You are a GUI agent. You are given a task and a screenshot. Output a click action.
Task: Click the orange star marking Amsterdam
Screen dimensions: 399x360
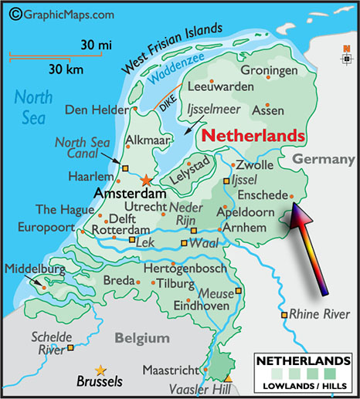pos(147,179)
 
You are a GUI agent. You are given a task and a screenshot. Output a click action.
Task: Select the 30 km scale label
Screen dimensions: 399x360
pos(65,69)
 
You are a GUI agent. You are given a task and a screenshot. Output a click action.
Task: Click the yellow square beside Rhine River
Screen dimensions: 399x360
pos(284,315)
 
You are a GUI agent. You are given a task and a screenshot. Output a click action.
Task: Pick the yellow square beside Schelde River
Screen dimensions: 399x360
pos(71,348)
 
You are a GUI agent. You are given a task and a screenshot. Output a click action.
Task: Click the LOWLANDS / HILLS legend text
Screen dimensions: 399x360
pos(306,384)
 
